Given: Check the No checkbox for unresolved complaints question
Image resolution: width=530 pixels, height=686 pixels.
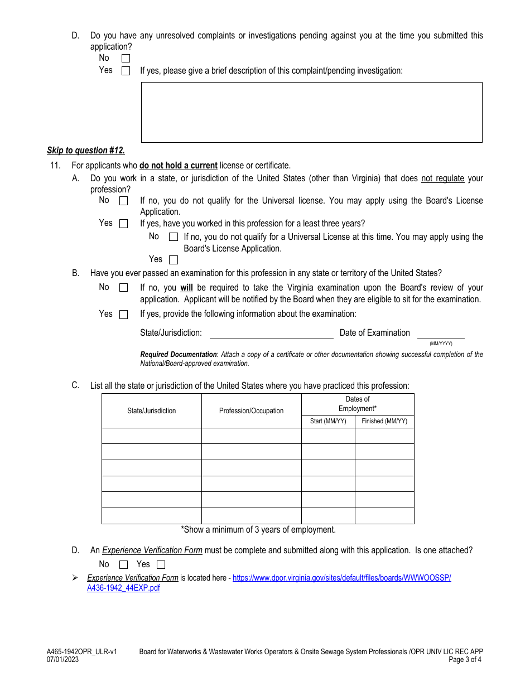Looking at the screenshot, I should tap(126, 58).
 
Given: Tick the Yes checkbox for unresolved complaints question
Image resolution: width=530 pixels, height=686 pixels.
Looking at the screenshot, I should tap(126, 71).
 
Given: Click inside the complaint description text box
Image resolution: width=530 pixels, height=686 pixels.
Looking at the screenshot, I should tap(311, 112).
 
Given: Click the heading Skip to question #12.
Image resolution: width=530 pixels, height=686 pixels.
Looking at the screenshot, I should tap(86, 151).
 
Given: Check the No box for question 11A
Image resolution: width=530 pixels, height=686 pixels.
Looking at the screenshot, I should tap(124, 201).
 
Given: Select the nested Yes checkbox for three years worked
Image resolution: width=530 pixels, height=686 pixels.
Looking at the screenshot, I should tap(174, 260).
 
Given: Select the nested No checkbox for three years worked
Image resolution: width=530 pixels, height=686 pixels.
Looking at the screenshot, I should tap(174, 237).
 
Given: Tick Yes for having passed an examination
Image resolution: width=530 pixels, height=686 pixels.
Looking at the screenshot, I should tap(124, 315).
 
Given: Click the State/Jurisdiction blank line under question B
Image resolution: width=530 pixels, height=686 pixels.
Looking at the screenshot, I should tap(271, 334).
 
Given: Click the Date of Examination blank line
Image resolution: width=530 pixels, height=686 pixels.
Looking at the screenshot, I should tap(441, 334).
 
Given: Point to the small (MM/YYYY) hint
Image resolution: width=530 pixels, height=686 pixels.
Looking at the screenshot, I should tap(441, 344).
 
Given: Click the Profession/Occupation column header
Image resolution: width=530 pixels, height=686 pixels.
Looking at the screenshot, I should tap(251, 411).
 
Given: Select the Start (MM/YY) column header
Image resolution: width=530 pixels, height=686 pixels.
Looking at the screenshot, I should tap(328, 421).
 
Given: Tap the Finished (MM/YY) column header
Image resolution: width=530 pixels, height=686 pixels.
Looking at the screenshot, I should tap(384, 421).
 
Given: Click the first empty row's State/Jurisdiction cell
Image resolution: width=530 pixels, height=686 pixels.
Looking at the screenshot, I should tap(151, 436).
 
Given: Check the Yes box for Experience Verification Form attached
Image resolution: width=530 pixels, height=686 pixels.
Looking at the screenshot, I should tap(161, 564).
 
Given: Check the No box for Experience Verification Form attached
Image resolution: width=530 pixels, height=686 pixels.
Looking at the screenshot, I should tap(124, 564).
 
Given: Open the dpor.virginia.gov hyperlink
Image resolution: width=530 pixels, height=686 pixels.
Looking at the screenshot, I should tap(341, 578).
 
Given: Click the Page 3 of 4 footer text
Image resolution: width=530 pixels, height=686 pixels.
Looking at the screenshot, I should tap(465, 659).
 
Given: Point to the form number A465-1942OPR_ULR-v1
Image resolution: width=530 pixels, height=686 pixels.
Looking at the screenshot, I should tap(82, 651).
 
